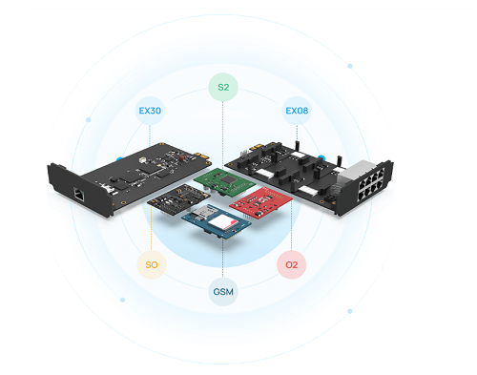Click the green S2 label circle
(x=223, y=87)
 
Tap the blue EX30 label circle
(x=150, y=111)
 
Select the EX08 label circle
(x=297, y=111)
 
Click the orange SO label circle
(x=152, y=264)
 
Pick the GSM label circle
(x=223, y=292)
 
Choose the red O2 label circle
(x=291, y=264)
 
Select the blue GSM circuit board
(x=217, y=221)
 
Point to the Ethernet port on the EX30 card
(x=79, y=194)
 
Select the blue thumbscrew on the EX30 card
(x=119, y=159)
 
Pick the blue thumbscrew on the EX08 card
(x=321, y=157)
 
